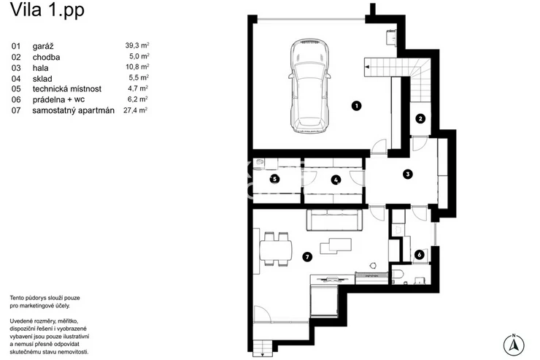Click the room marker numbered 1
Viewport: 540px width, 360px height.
tap(356, 105)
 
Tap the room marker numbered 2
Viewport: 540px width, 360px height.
tap(420, 119)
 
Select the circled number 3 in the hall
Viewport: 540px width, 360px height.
tap(408, 175)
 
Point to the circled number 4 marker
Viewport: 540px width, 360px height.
tap(336, 180)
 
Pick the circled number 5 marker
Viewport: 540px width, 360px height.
tap(274, 179)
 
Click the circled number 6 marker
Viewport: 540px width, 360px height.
tap(419, 255)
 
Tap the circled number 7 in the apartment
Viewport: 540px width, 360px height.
tap(306, 256)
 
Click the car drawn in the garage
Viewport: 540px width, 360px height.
tap(309, 85)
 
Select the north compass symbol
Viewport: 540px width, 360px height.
tap(514, 345)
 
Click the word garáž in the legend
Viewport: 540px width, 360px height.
tap(43, 46)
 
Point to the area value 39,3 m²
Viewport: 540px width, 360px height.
tap(137, 45)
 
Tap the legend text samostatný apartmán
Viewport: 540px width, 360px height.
tap(74, 110)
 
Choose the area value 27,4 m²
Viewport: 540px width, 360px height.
tap(135, 110)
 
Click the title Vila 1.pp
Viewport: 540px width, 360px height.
tap(47, 10)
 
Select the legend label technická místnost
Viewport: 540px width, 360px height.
tap(67, 89)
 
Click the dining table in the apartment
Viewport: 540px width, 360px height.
tap(276, 250)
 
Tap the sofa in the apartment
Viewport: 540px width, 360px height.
tap(334, 220)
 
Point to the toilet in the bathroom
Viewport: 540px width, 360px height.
tap(398, 277)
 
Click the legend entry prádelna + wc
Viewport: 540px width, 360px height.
tap(58, 100)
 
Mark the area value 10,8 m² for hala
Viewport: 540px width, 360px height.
tap(137, 67)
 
